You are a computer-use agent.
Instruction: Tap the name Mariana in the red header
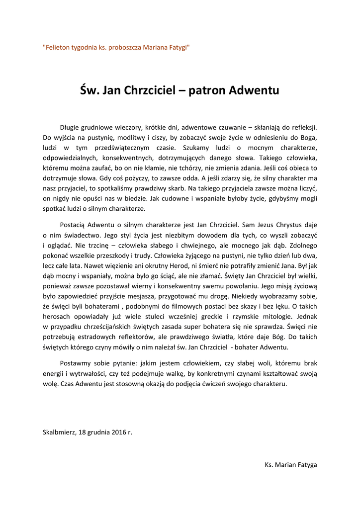pos(157,47)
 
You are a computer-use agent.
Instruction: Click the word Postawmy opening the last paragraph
pos(75,364)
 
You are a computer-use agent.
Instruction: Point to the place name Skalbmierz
pos(59,432)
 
